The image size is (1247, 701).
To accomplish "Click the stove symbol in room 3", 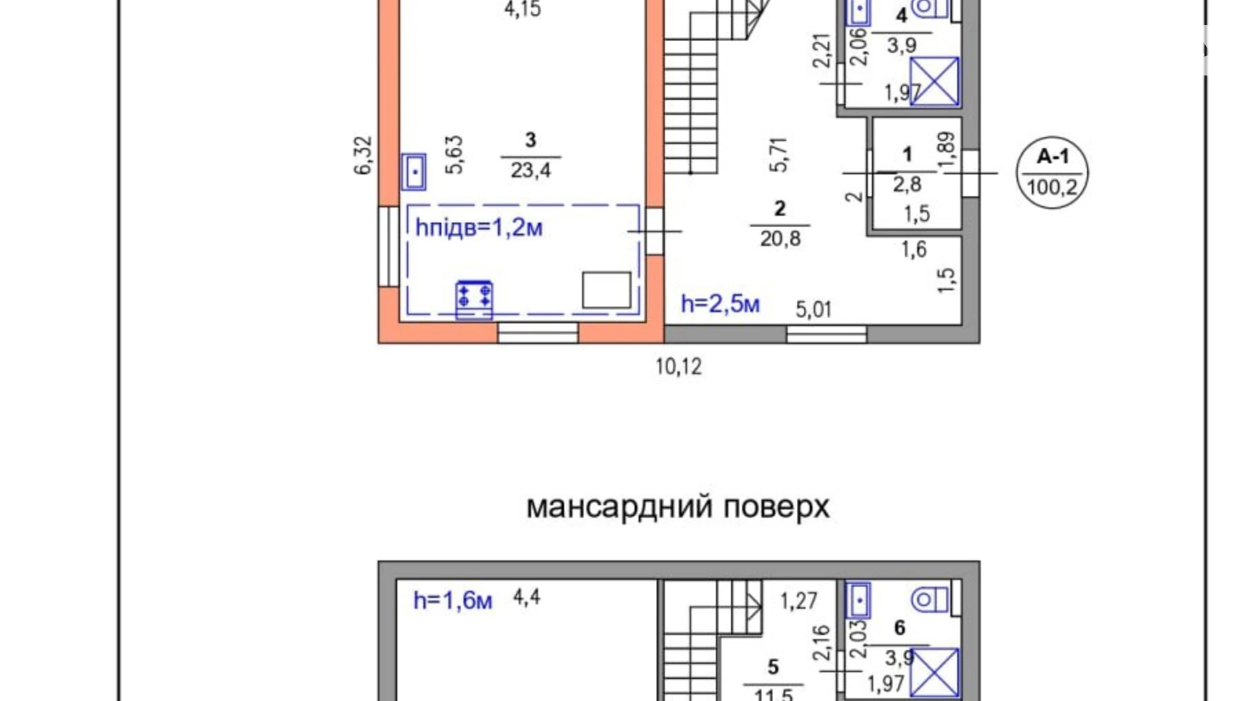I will coord(474,298).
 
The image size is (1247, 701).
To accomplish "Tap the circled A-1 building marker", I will coord(1052,173).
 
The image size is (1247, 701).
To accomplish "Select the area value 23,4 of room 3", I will coord(530,170).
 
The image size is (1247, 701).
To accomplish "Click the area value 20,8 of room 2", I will coord(780,238).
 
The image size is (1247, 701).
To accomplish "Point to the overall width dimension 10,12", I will coord(678,367).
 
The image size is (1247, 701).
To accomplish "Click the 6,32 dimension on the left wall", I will coord(363,156).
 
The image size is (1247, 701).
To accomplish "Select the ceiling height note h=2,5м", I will coord(720,304).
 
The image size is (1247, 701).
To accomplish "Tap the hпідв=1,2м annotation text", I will coord(479,228).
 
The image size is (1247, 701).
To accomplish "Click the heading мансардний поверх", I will coord(677,507).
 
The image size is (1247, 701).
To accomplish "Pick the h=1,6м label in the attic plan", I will coord(452,600).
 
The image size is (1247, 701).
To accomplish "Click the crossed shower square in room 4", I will coord(934,81).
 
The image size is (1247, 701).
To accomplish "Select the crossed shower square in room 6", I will coord(934,672).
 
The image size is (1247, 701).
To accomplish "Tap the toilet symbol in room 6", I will coord(930,599).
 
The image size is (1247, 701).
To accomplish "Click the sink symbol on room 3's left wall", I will coord(413,172).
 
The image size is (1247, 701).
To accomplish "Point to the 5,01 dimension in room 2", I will coord(814,309).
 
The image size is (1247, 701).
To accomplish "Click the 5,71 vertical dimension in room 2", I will coord(779,155).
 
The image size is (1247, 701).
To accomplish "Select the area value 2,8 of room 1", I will coord(907,184).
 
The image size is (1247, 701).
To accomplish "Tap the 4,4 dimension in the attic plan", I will coord(526,597).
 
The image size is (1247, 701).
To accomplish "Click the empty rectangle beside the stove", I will coord(606,290).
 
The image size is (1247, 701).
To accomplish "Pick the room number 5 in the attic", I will coord(772,667).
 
